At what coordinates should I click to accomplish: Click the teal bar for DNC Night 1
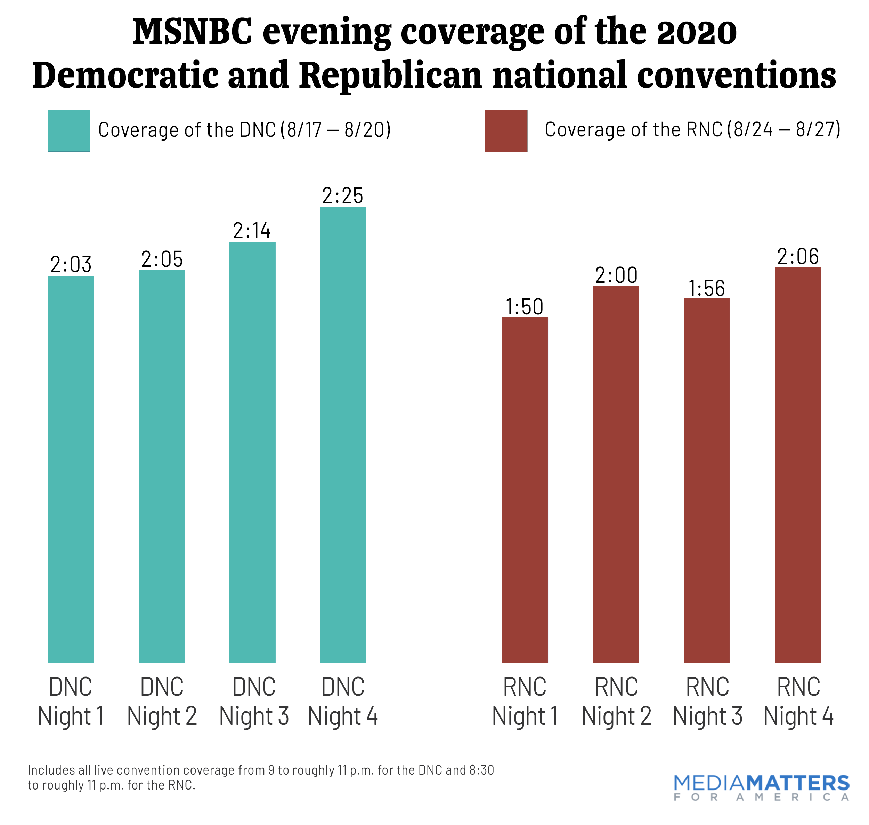[70, 469]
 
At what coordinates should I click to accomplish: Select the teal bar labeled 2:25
[343, 434]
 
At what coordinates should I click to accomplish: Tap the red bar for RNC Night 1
[525, 489]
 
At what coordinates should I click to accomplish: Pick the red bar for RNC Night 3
[706, 480]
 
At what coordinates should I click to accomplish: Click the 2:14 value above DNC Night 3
[252, 231]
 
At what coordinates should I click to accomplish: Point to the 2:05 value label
[162, 259]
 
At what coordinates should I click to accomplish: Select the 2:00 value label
[616, 276]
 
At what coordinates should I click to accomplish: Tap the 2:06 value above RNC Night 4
[798, 256]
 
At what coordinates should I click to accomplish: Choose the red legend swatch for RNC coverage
[506, 131]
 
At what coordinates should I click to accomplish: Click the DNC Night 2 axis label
[162, 701]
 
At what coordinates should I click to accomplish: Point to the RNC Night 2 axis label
[616, 701]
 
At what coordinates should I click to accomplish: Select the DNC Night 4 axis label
[343, 701]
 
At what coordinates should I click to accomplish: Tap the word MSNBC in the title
[193, 32]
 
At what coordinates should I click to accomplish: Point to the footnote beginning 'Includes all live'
[261, 777]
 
